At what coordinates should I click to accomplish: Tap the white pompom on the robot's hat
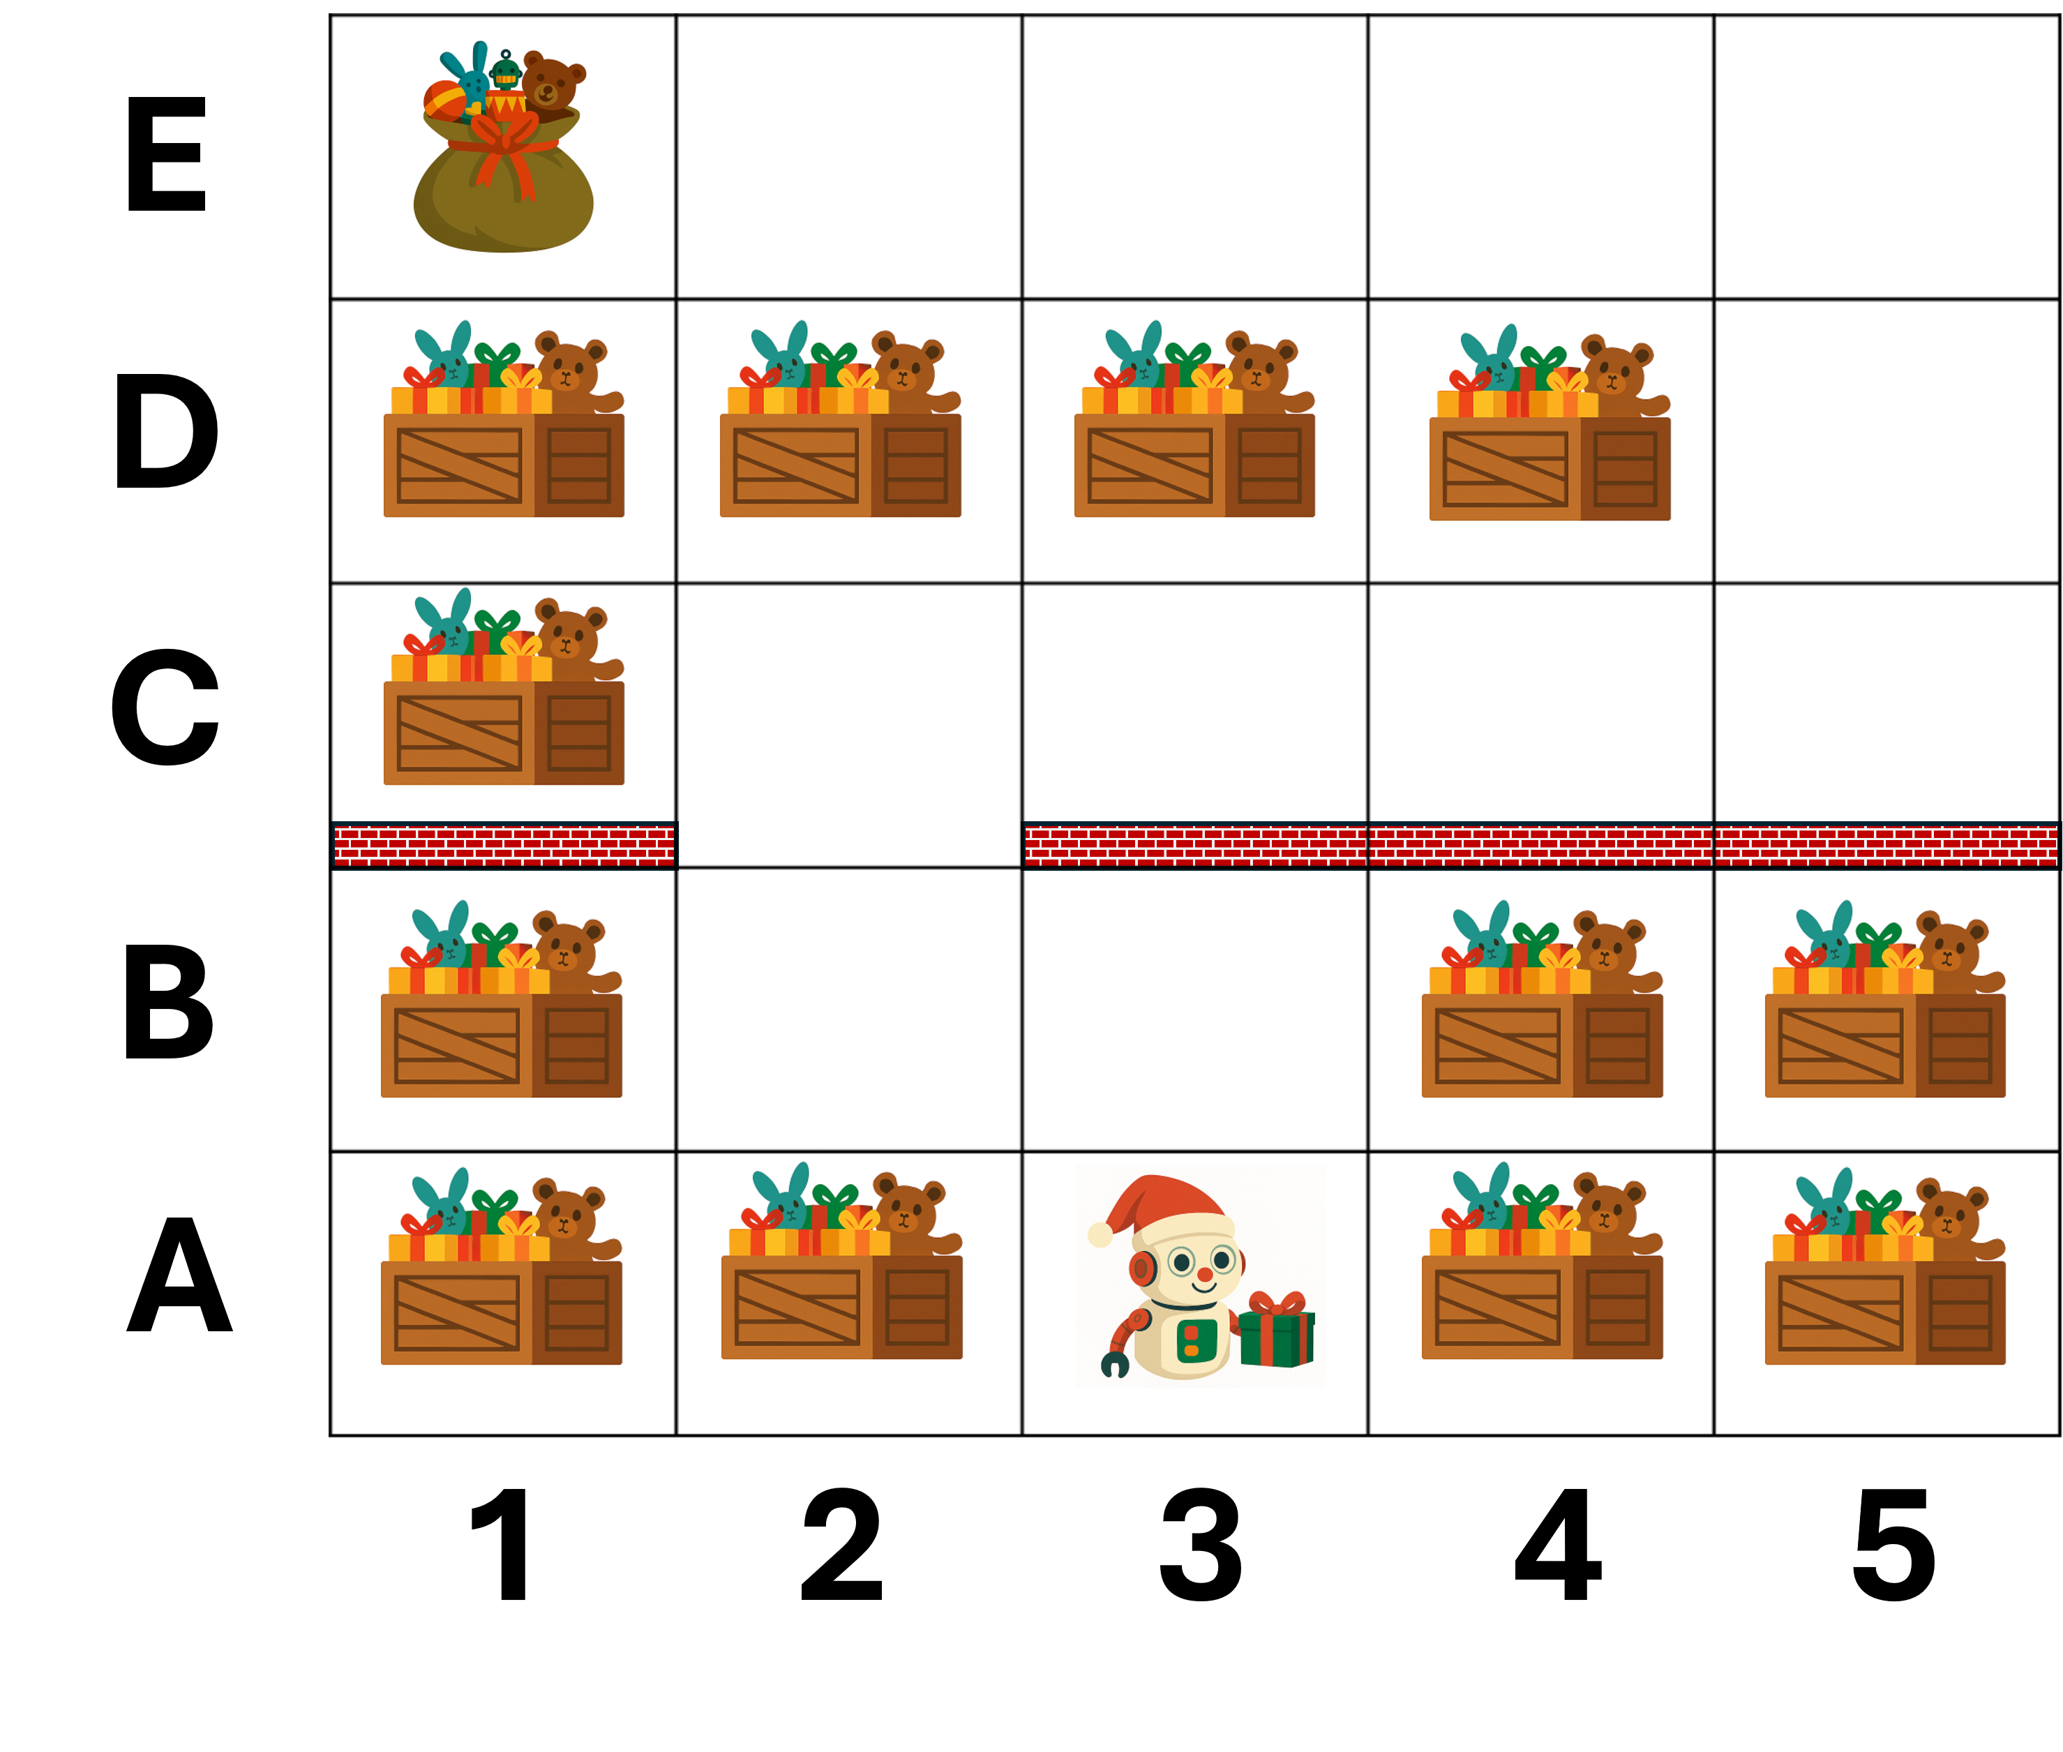(x=1100, y=1234)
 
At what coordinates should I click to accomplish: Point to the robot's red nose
(x=1204, y=1274)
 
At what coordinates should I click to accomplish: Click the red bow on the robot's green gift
(x=1276, y=1303)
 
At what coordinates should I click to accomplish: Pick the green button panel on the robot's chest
(x=1195, y=1341)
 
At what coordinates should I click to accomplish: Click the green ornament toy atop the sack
(x=506, y=71)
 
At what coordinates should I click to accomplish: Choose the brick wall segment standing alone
(x=504, y=845)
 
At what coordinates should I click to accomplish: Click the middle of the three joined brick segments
(x=1540, y=845)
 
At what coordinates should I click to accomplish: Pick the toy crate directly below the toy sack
(x=504, y=424)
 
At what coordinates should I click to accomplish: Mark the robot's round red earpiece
(x=1142, y=1268)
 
